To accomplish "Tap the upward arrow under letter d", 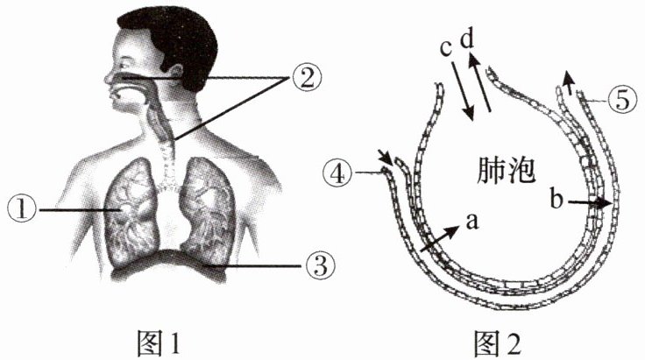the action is (x=479, y=84).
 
